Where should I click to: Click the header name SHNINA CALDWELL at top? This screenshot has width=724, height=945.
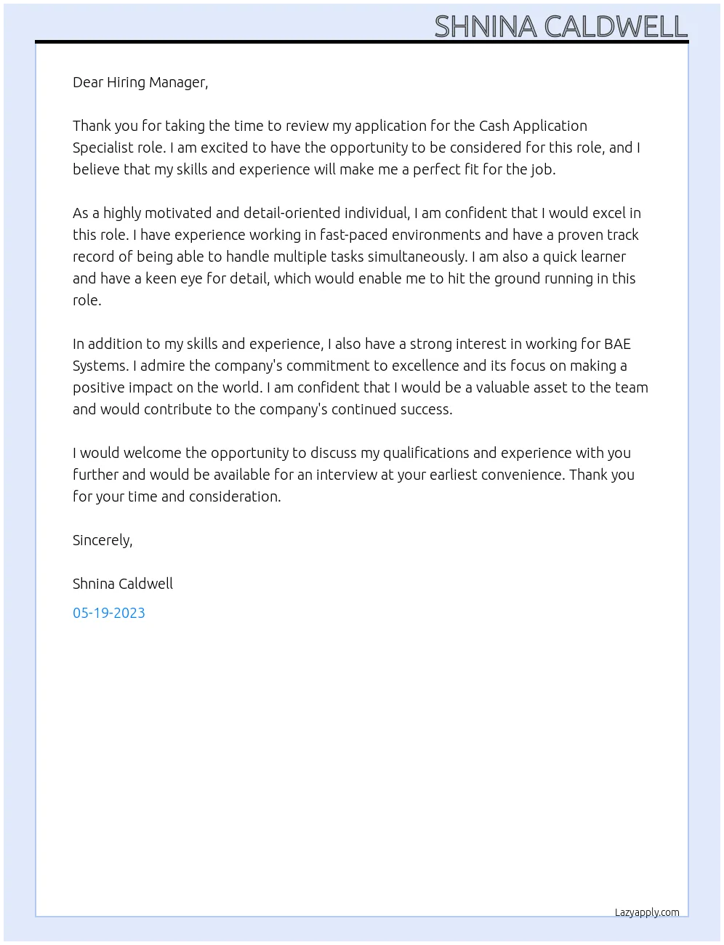coord(560,27)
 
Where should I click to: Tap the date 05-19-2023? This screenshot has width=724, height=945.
coord(109,613)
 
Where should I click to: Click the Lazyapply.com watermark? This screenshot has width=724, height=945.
coord(647,912)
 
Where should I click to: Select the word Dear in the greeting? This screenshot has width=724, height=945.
coord(88,82)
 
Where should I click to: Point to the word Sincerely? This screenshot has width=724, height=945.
coord(102,540)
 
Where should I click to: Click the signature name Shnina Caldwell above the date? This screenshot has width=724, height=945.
coord(123,584)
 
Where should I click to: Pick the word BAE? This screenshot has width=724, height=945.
coord(617,344)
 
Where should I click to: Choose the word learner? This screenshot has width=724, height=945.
coord(603,257)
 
